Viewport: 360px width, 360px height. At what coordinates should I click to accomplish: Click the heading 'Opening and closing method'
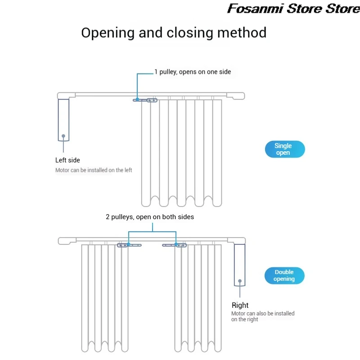click(174, 33)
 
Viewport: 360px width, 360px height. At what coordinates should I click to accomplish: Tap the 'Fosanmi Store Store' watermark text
click(293, 8)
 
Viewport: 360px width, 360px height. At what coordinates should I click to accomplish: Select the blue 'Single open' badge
click(283, 149)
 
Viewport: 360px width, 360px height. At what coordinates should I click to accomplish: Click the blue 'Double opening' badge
click(284, 275)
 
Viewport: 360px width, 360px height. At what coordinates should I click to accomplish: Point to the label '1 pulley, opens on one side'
click(193, 72)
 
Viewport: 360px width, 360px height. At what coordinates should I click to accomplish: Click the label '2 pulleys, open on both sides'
click(150, 217)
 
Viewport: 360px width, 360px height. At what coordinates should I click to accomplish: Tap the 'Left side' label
click(67, 160)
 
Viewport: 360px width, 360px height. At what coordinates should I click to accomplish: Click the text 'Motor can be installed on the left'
click(94, 170)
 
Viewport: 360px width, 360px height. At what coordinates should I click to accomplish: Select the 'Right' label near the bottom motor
click(240, 305)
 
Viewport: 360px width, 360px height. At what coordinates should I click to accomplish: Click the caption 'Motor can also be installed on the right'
click(263, 316)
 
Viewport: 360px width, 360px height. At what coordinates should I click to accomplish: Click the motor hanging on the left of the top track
click(63, 120)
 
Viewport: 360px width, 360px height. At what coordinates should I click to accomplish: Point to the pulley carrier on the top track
click(145, 100)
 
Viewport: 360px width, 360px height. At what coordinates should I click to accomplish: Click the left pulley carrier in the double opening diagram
click(129, 245)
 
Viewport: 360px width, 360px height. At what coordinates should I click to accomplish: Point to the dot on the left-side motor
click(63, 135)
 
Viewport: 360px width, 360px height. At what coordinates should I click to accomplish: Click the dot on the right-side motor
click(240, 281)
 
